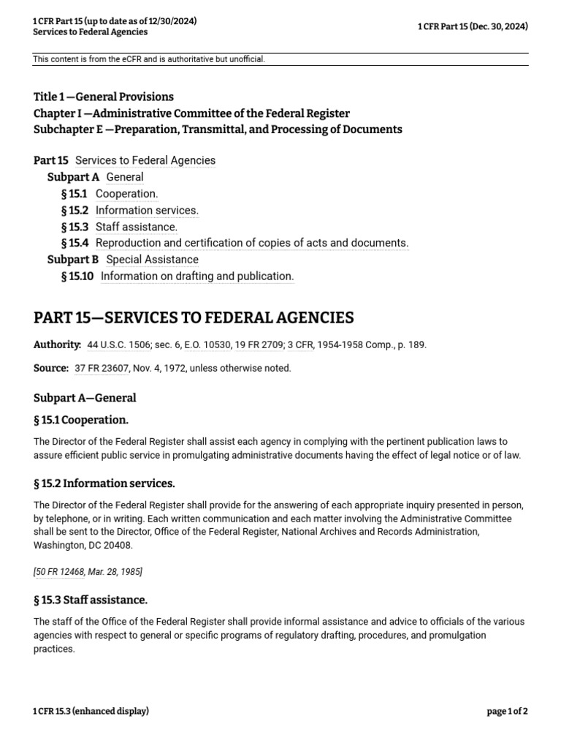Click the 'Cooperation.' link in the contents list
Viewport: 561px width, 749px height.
(x=126, y=194)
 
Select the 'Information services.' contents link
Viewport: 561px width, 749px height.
(x=147, y=211)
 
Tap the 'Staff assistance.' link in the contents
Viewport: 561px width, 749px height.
(x=136, y=227)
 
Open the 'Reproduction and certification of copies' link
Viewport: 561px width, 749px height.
(x=252, y=243)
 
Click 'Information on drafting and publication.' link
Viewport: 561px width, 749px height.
(x=197, y=276)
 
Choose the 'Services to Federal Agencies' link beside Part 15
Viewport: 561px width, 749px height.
(x=145, y=160)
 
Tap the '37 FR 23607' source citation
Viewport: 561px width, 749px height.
(x=102, y=368)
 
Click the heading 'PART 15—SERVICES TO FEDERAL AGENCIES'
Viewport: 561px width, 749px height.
(x=194, y=317)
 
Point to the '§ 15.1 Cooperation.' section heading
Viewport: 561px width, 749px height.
(x=81, y=420)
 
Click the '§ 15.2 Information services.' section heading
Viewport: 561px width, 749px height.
(x=104, y=483)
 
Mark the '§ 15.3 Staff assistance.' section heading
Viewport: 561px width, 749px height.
(x=91, y=600)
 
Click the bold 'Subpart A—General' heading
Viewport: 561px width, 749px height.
(x=85, y=398)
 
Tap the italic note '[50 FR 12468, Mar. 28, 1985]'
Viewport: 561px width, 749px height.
(x=88, y=571)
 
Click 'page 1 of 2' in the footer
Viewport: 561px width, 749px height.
(x=507, y=711)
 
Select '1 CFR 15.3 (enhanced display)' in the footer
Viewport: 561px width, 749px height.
(x=91, y=711)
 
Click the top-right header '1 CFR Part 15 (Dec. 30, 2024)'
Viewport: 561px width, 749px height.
(x=473, y=26)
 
